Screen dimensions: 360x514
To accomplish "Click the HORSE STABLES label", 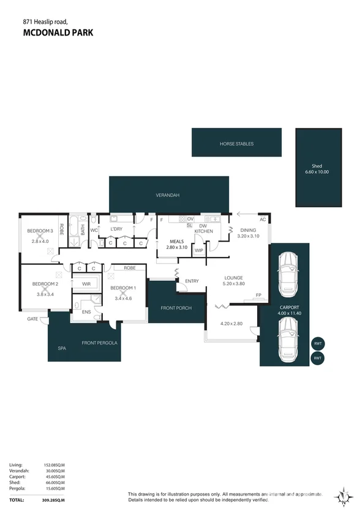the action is coord(236,144).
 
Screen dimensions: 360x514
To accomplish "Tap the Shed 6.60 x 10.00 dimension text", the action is coord(317,172).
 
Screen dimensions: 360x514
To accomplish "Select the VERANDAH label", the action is coord(168,195).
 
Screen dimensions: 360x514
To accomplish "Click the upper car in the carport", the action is coord(287,274).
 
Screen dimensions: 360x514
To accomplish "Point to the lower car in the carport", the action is coord(288,339).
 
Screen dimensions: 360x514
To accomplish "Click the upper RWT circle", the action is coord(318,343).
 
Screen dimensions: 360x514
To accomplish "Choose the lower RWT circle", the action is coord(318,358).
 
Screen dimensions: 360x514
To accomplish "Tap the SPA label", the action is coord(62,348).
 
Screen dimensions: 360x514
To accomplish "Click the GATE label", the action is coord(32,319).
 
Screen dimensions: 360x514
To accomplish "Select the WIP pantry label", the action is coord(199,250).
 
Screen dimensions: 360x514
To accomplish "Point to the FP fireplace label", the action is coord(258,295).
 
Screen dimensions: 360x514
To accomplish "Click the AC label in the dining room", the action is coord(263,219).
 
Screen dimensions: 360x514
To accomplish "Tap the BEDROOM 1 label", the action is coord(123,288).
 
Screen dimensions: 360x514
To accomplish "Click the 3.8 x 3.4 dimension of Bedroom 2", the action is coord(45,294).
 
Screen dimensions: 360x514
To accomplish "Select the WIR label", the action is coord(86,284).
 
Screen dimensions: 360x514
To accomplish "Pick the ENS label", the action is coord(86,311).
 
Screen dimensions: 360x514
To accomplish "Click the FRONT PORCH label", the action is coord(176,308).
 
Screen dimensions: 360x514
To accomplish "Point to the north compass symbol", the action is coord(343,497).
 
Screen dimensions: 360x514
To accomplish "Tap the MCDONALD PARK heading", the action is coord(58,32).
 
